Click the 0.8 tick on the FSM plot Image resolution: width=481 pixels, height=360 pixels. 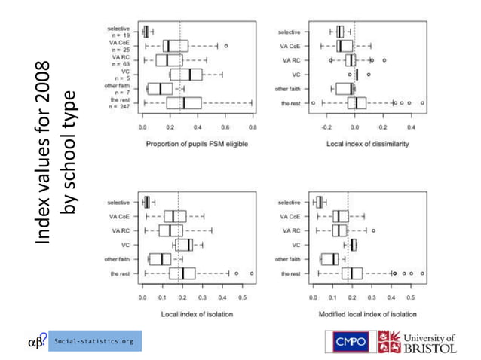coord(252,128)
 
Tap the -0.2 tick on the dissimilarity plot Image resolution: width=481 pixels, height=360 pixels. coord(328,128)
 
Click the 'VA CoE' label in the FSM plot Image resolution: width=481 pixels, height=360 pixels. coord(120,43)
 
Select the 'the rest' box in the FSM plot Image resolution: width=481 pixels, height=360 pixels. coord(184,103)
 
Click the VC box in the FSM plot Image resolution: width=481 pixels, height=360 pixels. coord(185,75)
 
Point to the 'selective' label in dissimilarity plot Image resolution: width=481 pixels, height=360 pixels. coord(289,32)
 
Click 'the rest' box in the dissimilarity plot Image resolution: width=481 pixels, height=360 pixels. coord(357,103)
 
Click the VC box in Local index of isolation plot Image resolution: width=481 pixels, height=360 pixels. coord(184,245)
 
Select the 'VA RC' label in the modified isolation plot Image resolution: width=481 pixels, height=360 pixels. coord(290,230)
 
